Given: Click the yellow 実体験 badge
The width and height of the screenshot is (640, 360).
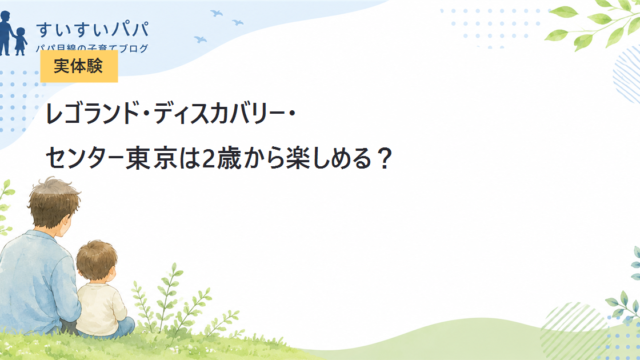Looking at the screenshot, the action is [79, 66].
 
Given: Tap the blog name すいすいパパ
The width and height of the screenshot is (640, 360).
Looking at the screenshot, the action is [93, 30].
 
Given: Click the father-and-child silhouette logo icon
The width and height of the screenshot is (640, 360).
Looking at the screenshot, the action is [12, 33].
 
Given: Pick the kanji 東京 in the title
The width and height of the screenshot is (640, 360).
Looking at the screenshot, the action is [151, 158].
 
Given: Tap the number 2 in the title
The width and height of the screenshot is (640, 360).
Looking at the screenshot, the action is [209, 158].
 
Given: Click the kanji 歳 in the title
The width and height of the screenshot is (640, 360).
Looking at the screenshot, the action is [229, 158].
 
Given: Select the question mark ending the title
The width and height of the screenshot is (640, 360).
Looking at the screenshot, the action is [384, 158].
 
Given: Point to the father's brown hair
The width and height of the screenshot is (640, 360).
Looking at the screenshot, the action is [53, 201].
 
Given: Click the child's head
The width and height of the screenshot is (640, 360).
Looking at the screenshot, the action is [97, 260].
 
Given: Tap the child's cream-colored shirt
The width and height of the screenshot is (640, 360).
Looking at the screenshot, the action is [101, 309].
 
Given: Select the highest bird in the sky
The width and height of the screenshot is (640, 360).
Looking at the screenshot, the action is [216, 13].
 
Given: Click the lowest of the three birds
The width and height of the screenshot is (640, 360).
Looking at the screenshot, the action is [200, 39].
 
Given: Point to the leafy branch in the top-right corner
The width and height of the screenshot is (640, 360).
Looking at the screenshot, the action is [595, 23].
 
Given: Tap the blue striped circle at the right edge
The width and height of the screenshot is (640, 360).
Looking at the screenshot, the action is [627, 74].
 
